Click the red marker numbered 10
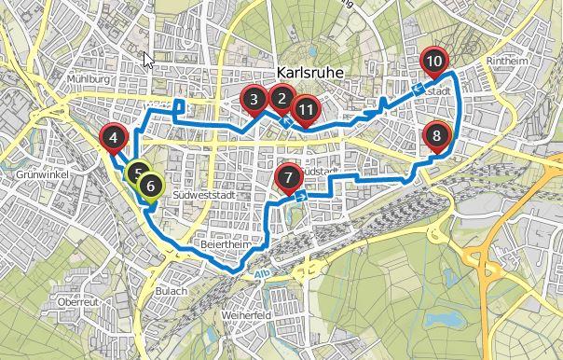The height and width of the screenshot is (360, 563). click(x=433, y=62)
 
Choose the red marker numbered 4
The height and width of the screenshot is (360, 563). click(x=113, y=139)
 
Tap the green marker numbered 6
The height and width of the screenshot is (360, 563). click(x=150, y=186)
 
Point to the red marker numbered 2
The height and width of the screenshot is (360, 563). click(x=281, y=98)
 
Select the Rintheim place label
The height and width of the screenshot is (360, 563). click(x=508, y=62)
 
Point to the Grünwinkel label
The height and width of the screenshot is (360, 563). click(x=37, y=174)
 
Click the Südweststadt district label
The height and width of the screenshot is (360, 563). click(x=204, y=194)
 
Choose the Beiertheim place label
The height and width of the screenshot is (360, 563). click(x=221, y=245)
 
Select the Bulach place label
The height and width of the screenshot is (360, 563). click(x=172, y=291)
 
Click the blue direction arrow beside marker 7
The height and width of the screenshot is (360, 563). click(x=300, y=197)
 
